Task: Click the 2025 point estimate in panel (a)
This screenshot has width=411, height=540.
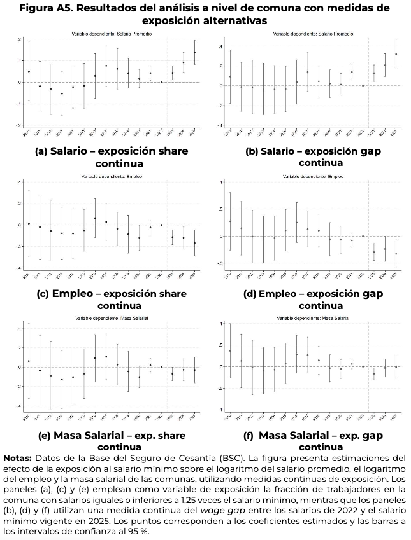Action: pyautogui.click(x=194, y=52)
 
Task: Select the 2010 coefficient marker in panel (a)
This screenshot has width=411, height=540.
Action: pyautogui.click(x=29, y=71)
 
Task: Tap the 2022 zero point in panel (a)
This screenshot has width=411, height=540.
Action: pyautogui.click(x=162, y=82)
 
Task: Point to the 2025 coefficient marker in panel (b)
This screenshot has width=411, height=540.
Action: pyautogui.click(x=396, y=54)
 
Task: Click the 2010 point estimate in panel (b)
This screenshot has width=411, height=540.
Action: pyautogui.click(x=230, y=76)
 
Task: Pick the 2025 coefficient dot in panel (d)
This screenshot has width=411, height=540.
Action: pyautogui.click(x=396, y=254)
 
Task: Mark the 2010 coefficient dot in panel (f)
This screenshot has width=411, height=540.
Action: pyautogui.click(x=230, y=351)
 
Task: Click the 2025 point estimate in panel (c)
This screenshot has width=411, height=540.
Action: pyautogui.click(x=194, y=243)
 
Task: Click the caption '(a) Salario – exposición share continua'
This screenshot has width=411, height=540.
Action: pyautogui.click(x=110, y=157)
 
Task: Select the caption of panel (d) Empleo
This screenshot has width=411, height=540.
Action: pyautogui.click(x=312, y=300)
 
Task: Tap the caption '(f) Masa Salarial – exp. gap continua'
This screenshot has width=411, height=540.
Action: pyautogui.click(x=312, y=441)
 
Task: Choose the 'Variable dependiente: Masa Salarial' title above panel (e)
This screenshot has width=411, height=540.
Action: pyautogui.click(x=110, y=317)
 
